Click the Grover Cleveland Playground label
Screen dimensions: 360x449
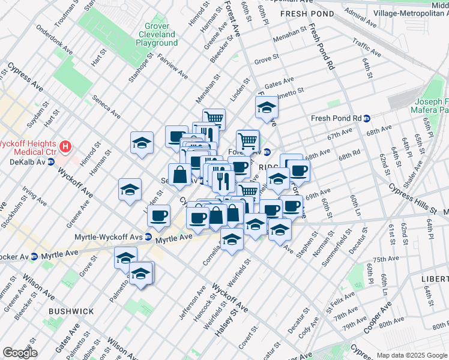pyautogui.click(x=157, y=35)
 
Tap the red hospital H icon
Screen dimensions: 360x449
pyautogui.click(x=65, y=146)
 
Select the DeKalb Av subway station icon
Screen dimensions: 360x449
pyautogui.click(x=51, y=161)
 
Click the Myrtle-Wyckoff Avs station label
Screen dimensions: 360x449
pyautogui.click(x=107, y=237)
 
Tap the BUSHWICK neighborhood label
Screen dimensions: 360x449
pyautogui.click(x=71, y=311)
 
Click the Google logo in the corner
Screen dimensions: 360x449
pyautogui.click(x=20, y=353)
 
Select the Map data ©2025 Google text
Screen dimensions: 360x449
pyautogui.click(x=411, y=355)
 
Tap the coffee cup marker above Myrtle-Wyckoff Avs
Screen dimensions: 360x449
pyautogui.click(x=159, y=215)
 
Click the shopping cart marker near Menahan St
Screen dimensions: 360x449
pyautogui.click(x=213, y=118)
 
